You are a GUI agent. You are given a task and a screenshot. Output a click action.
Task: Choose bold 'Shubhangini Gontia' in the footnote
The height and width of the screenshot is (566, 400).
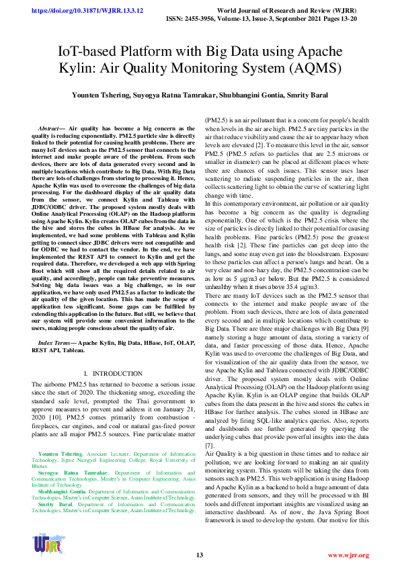coord(67,491)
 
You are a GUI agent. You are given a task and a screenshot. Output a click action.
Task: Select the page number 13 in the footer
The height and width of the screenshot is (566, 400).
coord(200,555)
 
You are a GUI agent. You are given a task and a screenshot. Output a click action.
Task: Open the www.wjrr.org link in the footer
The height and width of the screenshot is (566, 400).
coord(348,555)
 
